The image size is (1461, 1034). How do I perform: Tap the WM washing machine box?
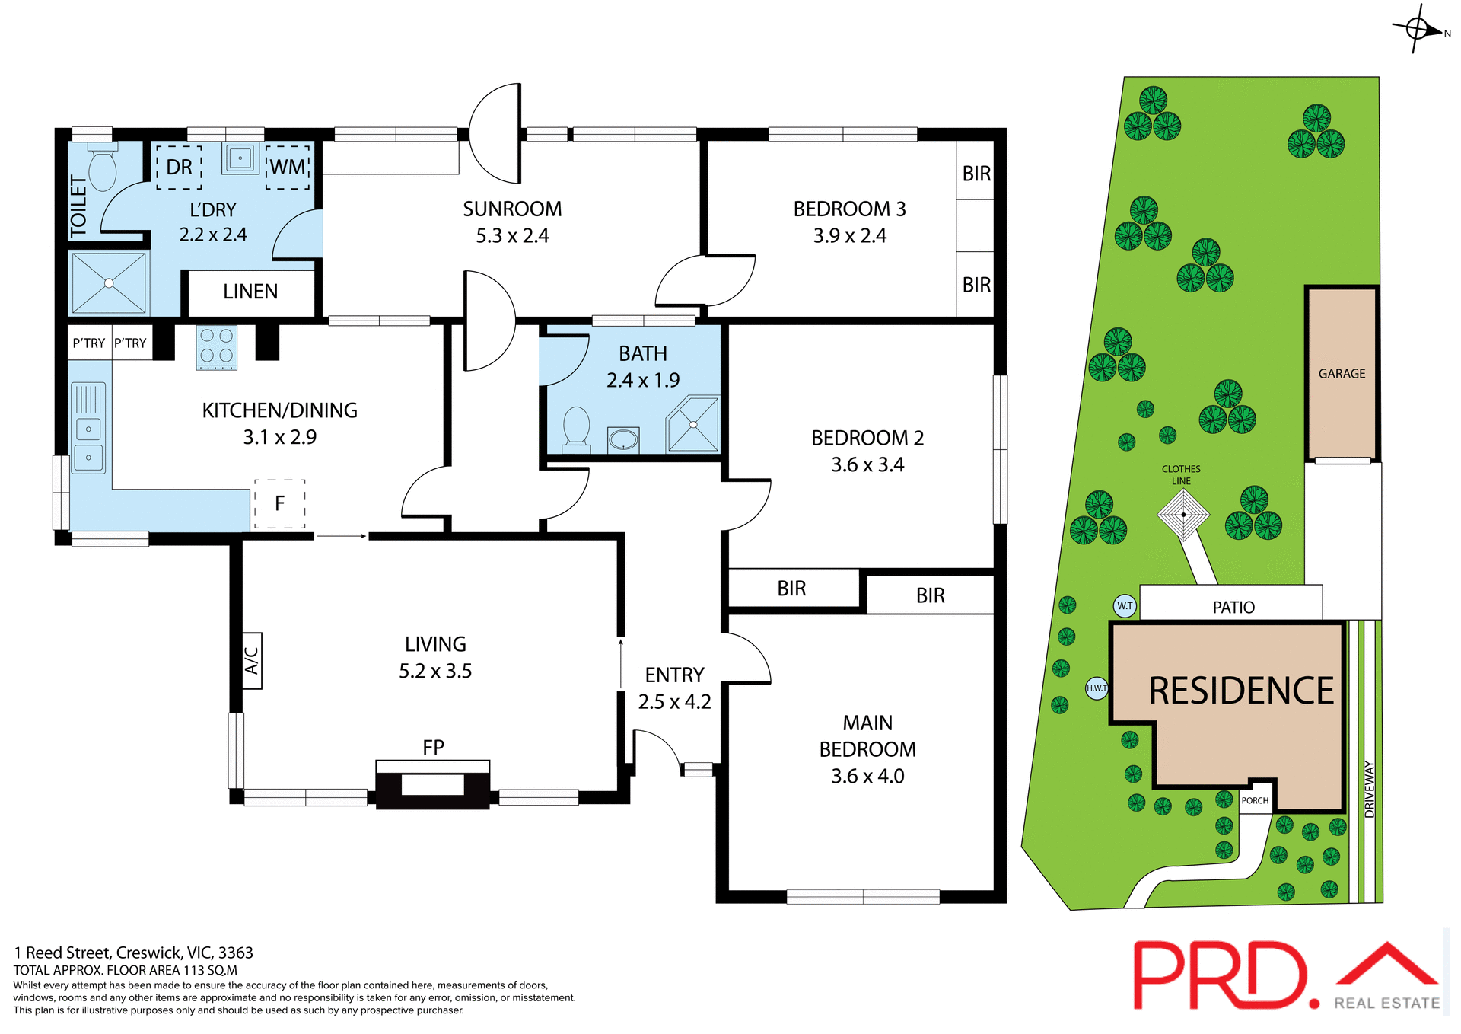pyautogui.click(x=288, y=167)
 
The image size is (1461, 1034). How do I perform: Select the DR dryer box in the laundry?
pyautogui.click(x=179, y=167)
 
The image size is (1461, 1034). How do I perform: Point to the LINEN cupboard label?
pyautogui.click(x=250, y=292)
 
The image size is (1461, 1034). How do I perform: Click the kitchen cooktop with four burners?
pyautogui.click(x=217, y=346)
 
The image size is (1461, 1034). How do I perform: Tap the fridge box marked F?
pyautogui.click(x=279, y=503)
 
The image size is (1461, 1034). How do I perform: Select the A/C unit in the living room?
pyautogui.click(x=252, y=660)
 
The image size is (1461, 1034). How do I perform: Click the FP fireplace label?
pyautogui.click(x=433, y=748)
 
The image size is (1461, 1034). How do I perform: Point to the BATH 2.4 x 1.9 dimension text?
pyautogui.click(x=643, y=380)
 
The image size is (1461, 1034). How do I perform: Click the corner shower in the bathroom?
pyautogui.click(x=693, y=424)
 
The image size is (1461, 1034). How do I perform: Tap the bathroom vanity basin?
pyautogui.click(x=623, y=439)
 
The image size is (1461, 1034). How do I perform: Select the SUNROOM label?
pyautogui.click(x=512, y=209)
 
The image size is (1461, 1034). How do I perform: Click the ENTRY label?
pyautogui.click(x=674, y=675)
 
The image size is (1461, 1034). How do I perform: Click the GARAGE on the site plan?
pyautogui.click(x=1342, y=373)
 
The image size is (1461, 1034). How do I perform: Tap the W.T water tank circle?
pyautogui.click(x=1125, y=606)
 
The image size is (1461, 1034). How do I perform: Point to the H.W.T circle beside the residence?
pyautogui.click(x=1097, y=688)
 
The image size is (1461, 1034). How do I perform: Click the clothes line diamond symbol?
pyautogui.click(x=1183, y=515)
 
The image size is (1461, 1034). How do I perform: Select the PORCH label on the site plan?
pyautogui.click(x=1255, y=800)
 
